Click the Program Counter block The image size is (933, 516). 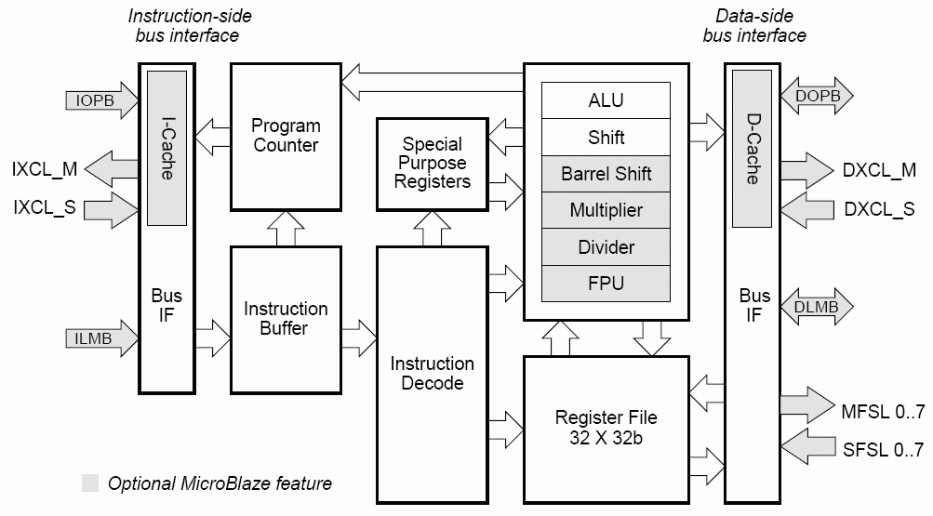[x=285, y=136]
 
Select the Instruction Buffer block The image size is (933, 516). [x=285, y=318]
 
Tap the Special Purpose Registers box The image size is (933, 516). [x=432, y=163]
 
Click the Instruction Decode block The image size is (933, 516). [x=432, y=372]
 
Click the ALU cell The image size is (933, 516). [x=606, y=100]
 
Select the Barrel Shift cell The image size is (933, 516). [x=606, y=174]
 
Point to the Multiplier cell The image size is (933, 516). [x=606, y=210]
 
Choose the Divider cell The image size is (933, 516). [x=606, y=247]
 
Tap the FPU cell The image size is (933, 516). [x=606, y=284]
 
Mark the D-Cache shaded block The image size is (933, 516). [x=753, y=149]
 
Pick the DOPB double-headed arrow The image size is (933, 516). [x=816, y=97]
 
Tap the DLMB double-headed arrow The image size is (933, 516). [x=816, y=307]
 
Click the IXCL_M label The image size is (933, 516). [x=45, y=169]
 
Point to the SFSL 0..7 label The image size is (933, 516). [x=883, y=450]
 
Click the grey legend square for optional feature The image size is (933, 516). [x=90, y=483]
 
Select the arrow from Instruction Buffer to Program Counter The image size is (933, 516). [x=286, y=228]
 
